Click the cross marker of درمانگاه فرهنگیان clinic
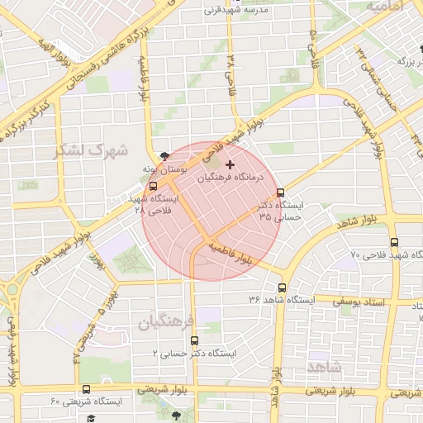229,165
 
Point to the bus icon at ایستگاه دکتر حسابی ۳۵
280,192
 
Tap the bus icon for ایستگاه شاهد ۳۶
283,288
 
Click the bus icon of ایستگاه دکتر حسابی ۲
194,340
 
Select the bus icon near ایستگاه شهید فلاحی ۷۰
394,243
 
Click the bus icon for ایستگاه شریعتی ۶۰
86,389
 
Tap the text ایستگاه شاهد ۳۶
245,298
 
